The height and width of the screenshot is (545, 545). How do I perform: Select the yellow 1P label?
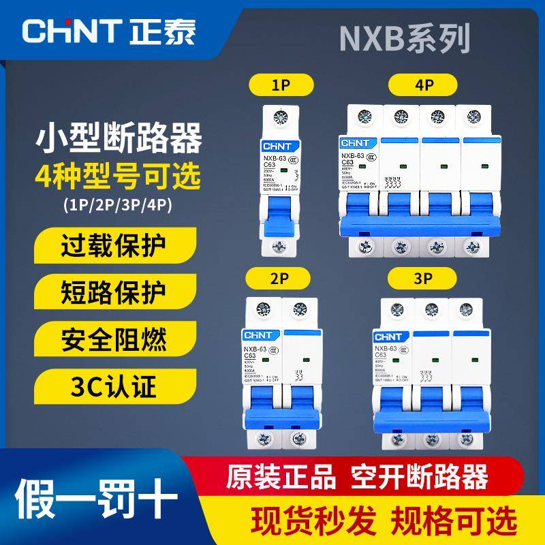(x=278, y=87)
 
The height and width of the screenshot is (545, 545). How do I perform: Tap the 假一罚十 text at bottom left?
(x=96, y=492)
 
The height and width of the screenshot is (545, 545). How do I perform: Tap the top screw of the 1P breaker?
(x=279, y=118)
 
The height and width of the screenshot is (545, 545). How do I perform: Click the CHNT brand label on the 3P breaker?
(x=389, y=336)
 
